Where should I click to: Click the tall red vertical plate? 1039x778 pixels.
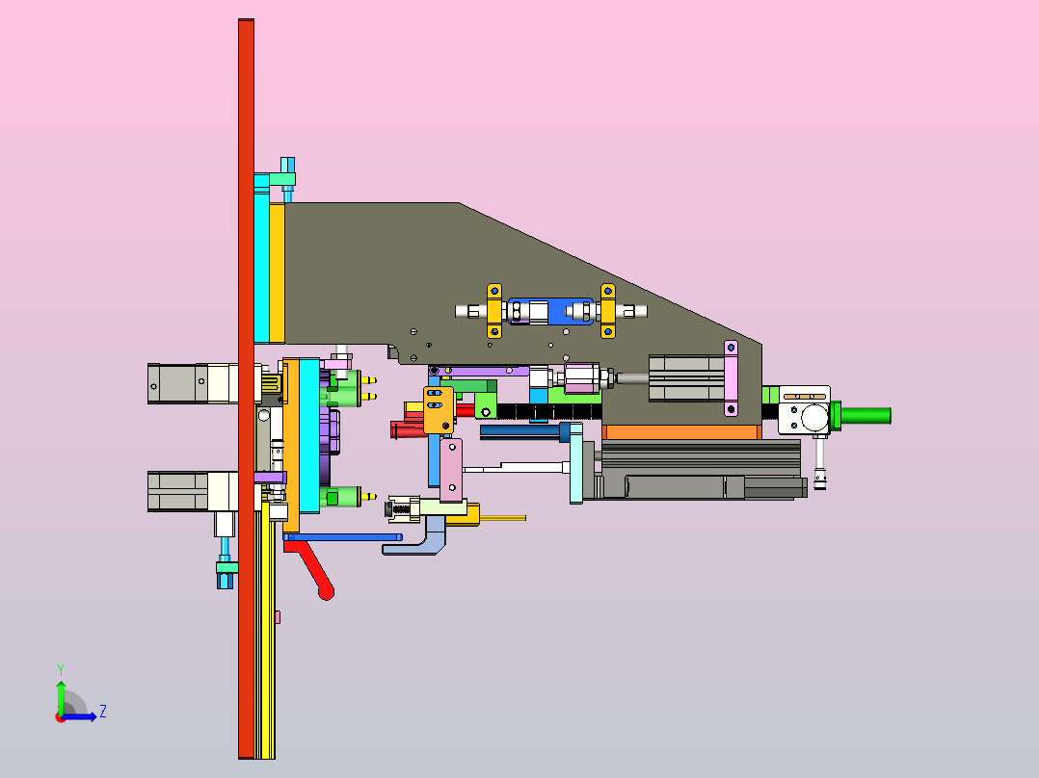click(246, 389)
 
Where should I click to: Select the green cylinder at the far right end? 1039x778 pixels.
click(866, 416)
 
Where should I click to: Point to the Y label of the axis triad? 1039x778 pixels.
click(61, 670)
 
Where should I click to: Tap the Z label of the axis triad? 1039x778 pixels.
click(103, 712)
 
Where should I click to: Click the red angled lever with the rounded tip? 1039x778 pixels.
click(311, 565)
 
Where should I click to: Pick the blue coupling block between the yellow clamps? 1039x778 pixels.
click(550, 311)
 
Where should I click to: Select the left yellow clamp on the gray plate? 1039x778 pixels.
click(494, 311)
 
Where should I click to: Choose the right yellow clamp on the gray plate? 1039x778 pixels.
click(607, 311)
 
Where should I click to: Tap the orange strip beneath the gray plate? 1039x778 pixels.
click(681, 432)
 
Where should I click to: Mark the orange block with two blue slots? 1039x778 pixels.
click(439, 410)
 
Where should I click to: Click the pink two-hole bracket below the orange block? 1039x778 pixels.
click(451, 470)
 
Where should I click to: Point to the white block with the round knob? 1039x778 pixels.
click(805, 410)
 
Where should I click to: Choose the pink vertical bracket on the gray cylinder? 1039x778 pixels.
click(731, 378)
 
